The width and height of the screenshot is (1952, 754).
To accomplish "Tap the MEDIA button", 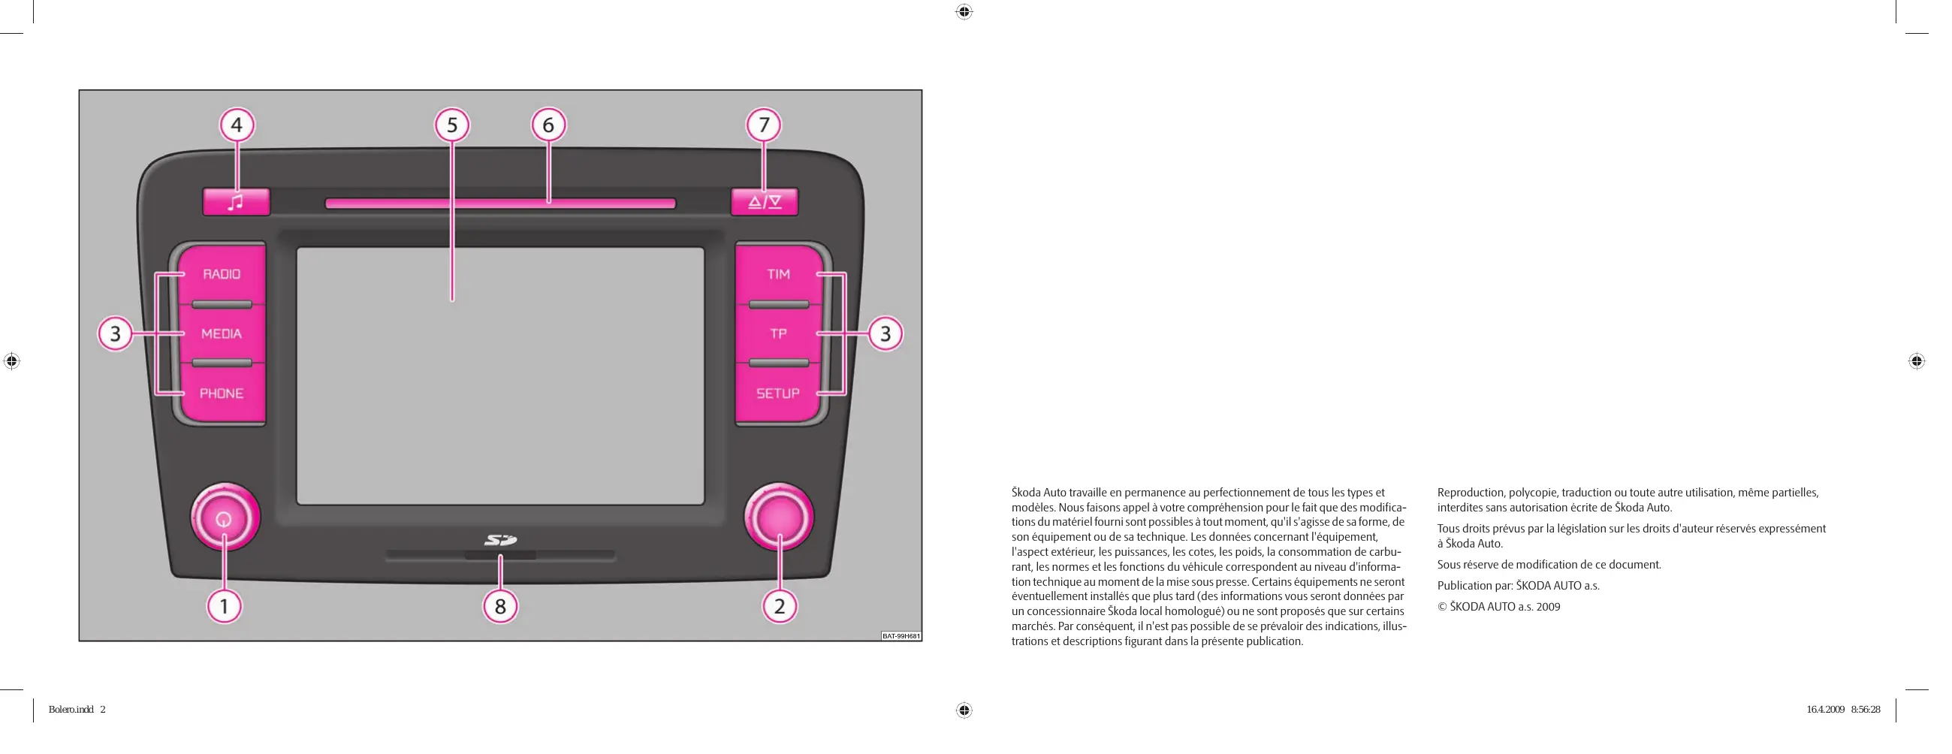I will [222, 333].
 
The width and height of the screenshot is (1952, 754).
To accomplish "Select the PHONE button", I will [222, 394].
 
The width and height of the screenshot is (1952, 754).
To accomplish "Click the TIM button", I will [778, 274].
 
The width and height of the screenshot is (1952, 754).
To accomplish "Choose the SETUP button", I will [778, 394].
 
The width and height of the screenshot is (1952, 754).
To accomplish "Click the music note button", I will [236, 202].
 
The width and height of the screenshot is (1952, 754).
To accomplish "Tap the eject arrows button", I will [764, 202].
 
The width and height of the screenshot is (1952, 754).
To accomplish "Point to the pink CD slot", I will [500, 203].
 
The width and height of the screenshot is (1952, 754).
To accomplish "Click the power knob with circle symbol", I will [225, 518].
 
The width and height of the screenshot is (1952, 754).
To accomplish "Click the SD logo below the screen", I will [500, 540].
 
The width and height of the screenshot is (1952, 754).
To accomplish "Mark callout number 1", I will [225, 606].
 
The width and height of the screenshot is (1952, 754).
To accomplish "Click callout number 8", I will [500, 606].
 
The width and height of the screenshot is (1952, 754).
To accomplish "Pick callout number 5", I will [452, 125].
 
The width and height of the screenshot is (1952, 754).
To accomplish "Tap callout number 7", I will [764, 125].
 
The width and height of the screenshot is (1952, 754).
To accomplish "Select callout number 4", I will [237, 125].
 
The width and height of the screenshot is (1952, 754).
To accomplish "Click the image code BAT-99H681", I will [901, 636].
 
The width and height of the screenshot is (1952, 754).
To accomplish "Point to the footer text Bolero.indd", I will [71, 710].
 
